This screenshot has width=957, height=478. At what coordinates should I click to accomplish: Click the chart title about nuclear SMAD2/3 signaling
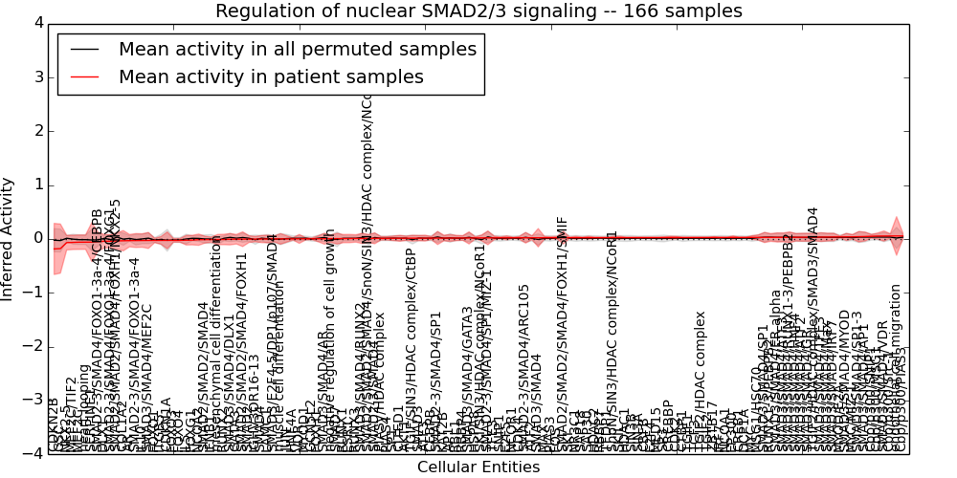coord(478,11)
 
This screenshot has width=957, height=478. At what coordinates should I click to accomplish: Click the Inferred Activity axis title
coord(10,238)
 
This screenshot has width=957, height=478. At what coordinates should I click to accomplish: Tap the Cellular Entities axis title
coord(478,467)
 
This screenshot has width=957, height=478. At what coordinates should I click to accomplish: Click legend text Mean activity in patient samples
coord(271,77)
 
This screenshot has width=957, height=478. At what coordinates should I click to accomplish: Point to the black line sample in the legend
coord(84,49)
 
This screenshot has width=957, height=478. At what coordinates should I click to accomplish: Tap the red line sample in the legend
coord(84,77)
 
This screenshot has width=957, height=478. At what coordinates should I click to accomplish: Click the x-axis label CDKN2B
coord(54,425)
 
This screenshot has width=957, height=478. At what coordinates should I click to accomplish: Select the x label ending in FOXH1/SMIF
coord(563,335)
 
